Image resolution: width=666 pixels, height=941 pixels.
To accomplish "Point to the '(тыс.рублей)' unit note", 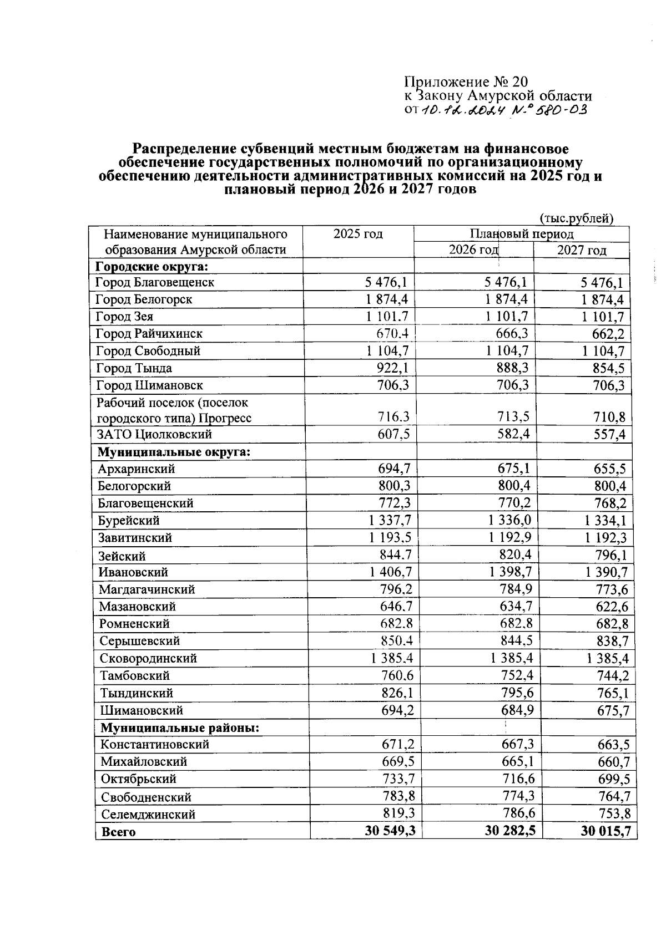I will [x=577, y=218].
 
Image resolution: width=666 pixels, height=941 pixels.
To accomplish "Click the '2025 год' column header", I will [x=358, y=234].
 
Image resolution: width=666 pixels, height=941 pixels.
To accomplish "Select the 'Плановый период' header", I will [x=521, y=234].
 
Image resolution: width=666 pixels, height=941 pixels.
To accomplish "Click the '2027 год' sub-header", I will [x=581, y=250].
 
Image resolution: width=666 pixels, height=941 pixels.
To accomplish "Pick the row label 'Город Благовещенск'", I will [x=155, y=282].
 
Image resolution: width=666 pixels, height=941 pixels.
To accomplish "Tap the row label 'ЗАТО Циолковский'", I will [x=154, y=434].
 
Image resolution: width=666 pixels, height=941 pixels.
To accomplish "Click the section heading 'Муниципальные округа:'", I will [x=174, y=451].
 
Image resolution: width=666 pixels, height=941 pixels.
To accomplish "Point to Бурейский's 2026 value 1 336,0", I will [x=509, y=520].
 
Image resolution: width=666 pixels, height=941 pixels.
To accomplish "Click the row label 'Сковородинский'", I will [x=149, y=659].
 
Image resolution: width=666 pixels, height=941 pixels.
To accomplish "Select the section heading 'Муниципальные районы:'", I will [x=180, y=728].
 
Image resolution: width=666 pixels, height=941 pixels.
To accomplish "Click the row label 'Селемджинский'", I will [x=148, y=815].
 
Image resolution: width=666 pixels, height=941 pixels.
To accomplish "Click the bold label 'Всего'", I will [x=118, y=832].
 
